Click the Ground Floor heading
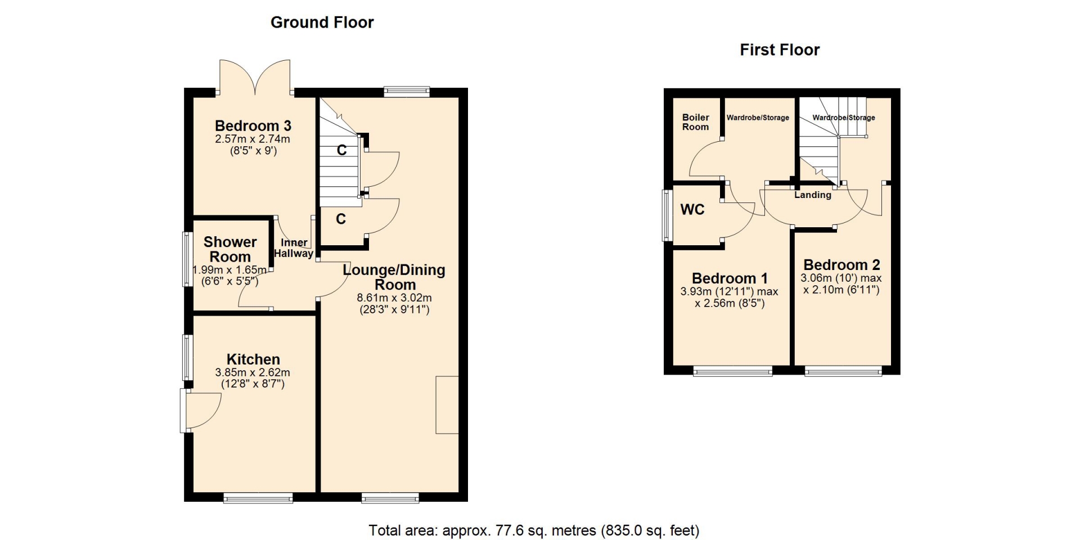(x=322, y=22)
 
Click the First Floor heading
(x=780, y=50)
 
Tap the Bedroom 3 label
(x=253, y=126)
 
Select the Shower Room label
(x=230, y=249)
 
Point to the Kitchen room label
(x=253, y=359)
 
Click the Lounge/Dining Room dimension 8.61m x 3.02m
(x=394, y=298)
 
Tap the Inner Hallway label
(x=294, y=248)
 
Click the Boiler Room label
(x=696, y=122)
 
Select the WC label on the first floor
(x=692, y=210)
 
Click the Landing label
(x=813, y=195)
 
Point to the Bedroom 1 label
(x=730, y=278)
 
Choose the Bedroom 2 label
(x=841, y=265)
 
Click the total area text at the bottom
(x=534, y=530)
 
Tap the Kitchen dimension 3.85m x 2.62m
(x=253, y=372)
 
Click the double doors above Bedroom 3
(x=255, y=77)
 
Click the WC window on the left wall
(x=668, y=215)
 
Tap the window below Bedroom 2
(x=843, y=371)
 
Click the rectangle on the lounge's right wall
(x=447, y=404)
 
